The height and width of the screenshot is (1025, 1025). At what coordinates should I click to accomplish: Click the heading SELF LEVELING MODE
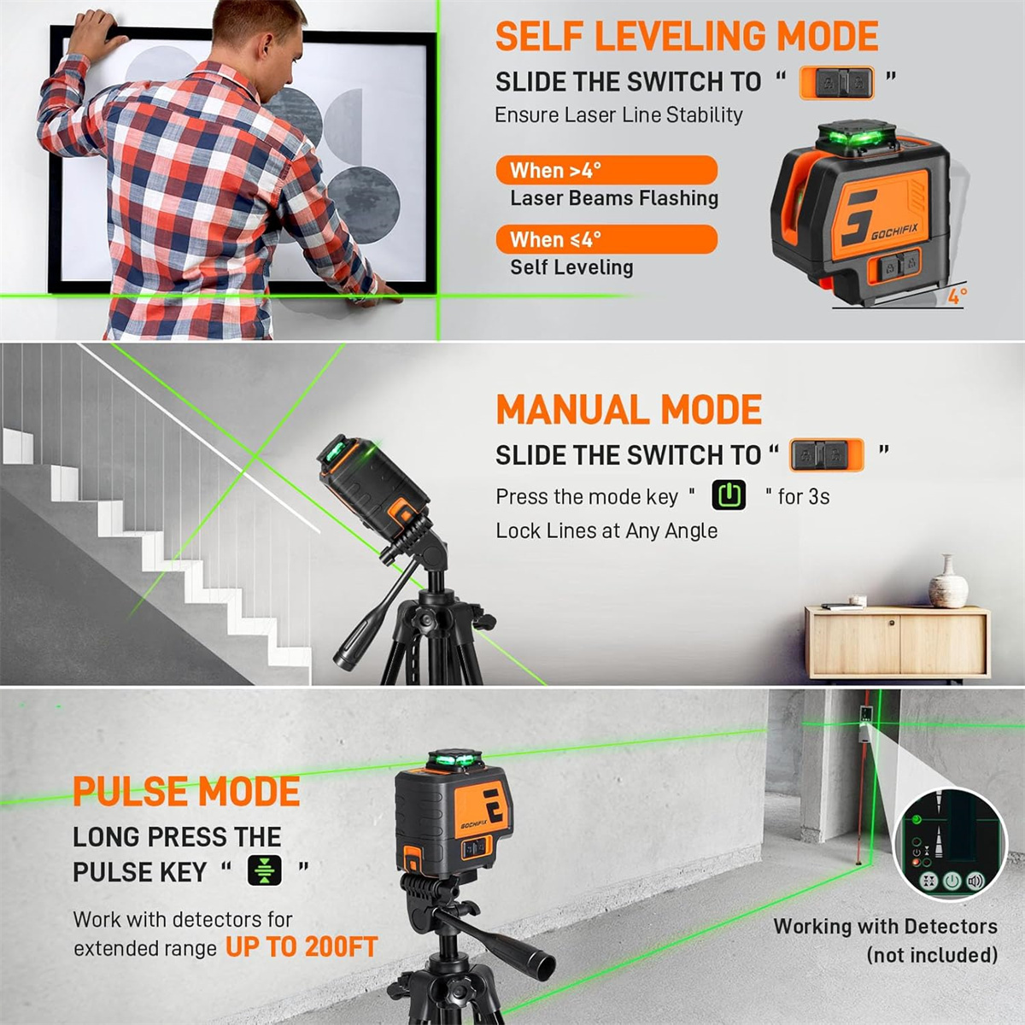tap(686, 36)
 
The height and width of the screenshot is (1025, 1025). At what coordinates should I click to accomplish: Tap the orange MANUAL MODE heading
tap(629, 409)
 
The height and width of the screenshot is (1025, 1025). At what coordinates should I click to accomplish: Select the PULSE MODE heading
tap(186, 791)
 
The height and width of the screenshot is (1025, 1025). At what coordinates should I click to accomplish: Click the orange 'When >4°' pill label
tap(607, 170)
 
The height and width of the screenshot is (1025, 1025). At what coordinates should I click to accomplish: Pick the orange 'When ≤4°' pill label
tap(607, 239)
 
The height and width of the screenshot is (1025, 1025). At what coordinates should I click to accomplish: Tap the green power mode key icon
tap(729, 495)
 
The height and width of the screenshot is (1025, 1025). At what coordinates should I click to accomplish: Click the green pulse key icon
tap(264, 870)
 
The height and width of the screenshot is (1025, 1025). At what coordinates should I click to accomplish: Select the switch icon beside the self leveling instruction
tap(837, 83)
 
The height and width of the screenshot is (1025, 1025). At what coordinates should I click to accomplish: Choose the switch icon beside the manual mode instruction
tap(827, 455)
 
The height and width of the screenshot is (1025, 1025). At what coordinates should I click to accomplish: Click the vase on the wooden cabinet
tap(948, 582)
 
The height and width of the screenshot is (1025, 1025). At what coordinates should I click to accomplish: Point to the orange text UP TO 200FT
tap(302, 946)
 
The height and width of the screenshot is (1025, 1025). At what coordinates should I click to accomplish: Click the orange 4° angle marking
tap(957, 296)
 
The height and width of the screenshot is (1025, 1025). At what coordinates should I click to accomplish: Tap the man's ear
tap(263, 50)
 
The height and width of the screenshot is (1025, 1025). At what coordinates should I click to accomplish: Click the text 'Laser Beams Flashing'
tap(614, 198)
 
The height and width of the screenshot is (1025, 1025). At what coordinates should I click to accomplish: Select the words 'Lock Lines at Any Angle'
tap(606, 530)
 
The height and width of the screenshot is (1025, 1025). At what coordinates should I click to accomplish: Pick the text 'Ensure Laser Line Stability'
tap(618, 115)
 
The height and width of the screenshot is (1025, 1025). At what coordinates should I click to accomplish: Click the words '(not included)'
tap(932, 955)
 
